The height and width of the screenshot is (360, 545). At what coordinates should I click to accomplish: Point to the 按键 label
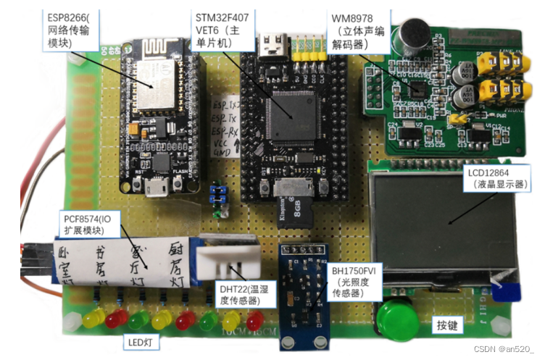(x=447, y=325)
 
